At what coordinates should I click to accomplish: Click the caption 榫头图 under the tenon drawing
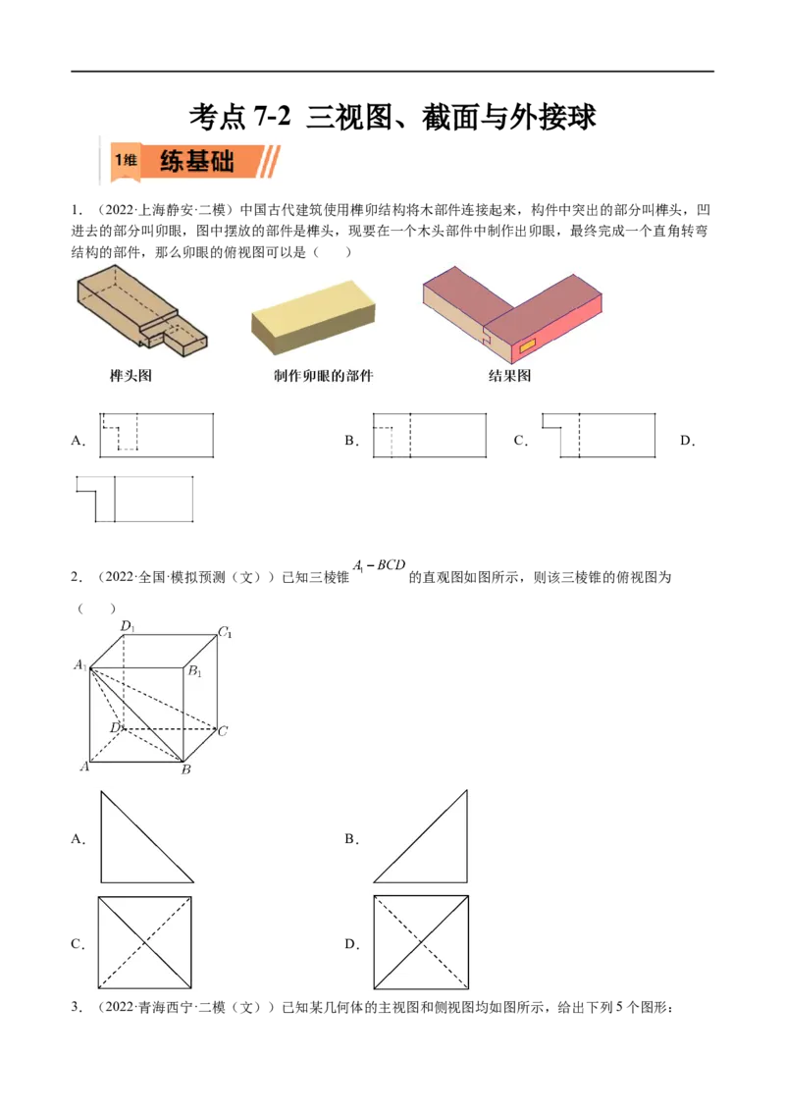[131, 376]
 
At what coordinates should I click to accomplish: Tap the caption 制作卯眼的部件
[323, 376]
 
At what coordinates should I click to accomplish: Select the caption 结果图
[509, 376]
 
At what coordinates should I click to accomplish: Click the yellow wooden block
[313, 316]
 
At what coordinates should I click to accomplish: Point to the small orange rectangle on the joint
[528, 346]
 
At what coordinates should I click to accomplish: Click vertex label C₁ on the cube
[226, 631]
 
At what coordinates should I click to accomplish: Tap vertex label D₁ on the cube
[128, 625]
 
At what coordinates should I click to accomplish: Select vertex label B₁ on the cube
[195, 671]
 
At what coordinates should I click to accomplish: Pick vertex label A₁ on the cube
[80, 664]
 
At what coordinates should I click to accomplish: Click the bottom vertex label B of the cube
[185, 769]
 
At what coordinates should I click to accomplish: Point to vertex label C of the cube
[223, 730]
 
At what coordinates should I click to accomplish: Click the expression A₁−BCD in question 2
[379, 565]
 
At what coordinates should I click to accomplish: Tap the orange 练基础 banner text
[197, 161]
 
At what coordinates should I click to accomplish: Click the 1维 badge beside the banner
[127, 159]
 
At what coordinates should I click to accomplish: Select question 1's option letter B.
[351, 441]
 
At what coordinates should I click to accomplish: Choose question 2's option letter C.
[78, 944]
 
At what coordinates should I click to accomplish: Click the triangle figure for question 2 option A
[146, 837]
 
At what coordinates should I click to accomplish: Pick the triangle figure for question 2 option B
[421, 837]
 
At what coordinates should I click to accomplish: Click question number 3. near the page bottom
[77, 1007]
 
